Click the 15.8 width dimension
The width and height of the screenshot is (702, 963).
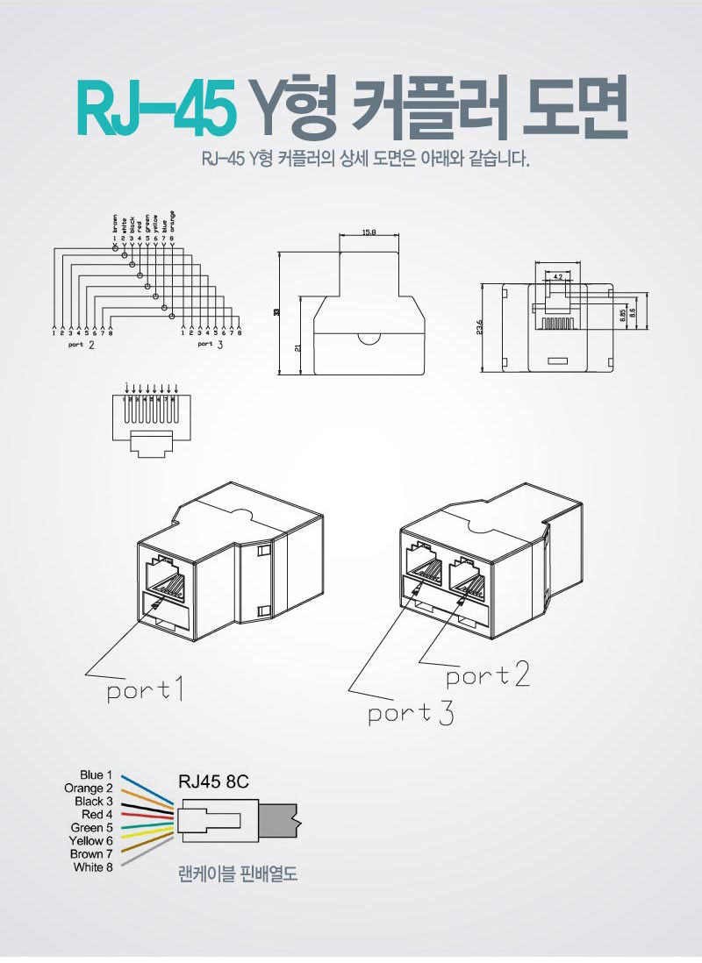369,233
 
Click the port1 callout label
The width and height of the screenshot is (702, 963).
145,691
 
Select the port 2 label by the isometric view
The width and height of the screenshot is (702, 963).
487,675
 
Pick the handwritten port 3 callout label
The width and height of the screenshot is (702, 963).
411,713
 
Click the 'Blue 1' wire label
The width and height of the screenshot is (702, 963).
96,775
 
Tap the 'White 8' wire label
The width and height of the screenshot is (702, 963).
93,867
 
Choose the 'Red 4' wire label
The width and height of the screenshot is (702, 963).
97,815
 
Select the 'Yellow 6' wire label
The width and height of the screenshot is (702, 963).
90,841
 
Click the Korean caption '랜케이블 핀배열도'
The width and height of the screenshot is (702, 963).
237,874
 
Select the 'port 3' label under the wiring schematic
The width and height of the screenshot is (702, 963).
210,346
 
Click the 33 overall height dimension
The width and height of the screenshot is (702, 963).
277,312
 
